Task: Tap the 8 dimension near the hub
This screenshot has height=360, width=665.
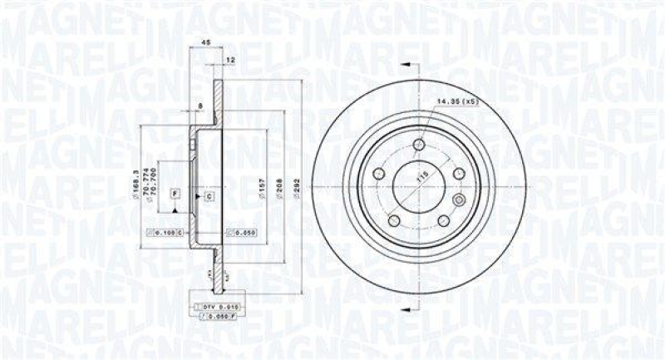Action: point(201,106)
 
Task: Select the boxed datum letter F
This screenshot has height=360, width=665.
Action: point(175,193)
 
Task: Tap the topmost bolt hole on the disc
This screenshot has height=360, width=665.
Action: point(418,147)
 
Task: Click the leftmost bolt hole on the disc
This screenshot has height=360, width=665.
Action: point(378,174)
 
